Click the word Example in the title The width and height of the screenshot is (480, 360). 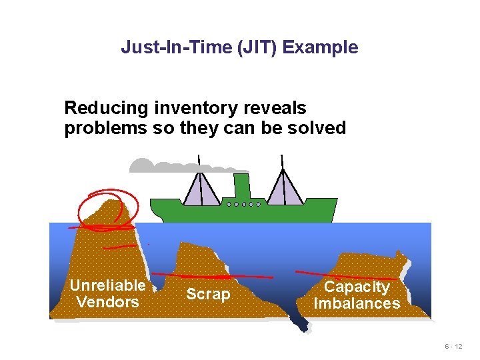[327, 47]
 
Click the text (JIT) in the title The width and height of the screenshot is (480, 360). [260, 47]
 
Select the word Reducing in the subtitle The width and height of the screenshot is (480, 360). [107, 108]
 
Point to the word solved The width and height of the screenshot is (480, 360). [316, 127]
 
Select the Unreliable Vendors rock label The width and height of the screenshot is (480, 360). [107, 293]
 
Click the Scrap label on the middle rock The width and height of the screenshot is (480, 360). [207, 294]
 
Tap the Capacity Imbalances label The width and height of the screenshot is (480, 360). [357, 295]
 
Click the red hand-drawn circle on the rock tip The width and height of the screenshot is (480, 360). [108, 208]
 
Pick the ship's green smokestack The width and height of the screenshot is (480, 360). [241, 185]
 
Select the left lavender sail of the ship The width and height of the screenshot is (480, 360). [202, 189]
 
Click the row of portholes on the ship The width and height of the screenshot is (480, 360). [243, 204]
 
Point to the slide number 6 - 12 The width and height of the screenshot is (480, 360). [453, 347]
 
